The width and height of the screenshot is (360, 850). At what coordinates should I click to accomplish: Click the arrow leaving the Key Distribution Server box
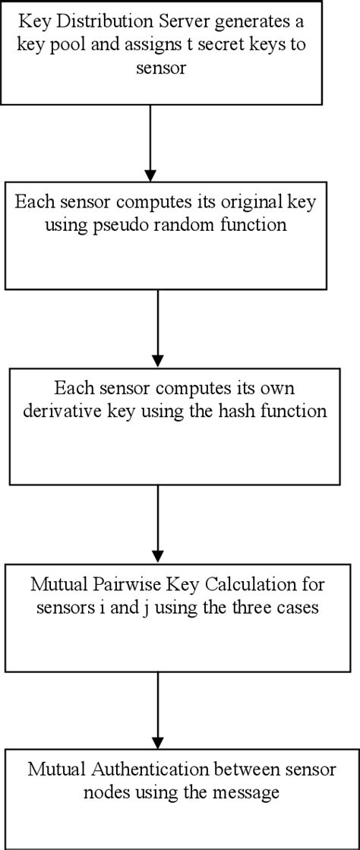tap(150, 141)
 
